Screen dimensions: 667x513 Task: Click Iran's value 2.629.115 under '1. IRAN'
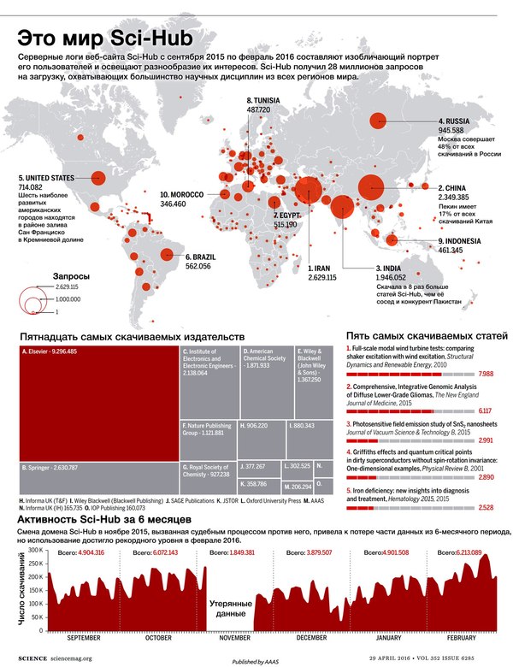[x=322, y=278]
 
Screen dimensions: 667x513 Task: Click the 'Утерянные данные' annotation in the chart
[x=231, y=607]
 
